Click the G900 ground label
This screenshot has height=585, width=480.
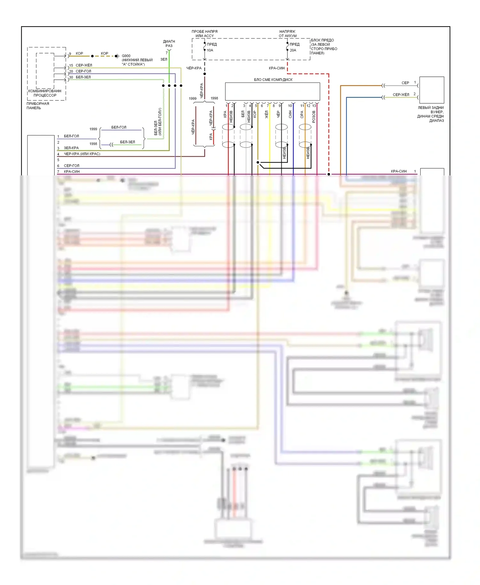[x=126, y=56]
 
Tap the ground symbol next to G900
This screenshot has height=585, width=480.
[x=117, y=56]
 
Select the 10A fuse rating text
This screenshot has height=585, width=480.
[x=210, y=50]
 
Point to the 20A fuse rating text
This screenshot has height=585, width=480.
[x=293, y=50]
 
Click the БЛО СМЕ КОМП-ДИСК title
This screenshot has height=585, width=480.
[x=273, y=80]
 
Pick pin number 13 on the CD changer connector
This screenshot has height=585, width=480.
[x=314, y=106]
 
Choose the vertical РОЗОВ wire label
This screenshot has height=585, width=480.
[x=314, y=117]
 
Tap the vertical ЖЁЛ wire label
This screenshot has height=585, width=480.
[x=267, y=115]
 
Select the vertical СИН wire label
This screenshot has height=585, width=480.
[x=290, y=114]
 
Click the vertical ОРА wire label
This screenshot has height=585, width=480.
[x=302, y=115]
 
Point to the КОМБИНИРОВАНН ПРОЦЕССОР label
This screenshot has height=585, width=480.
[x=45, y=93]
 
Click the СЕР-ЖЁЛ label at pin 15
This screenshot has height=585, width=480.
[x=84, y=65]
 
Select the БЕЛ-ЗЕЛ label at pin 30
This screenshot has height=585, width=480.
[x=83, y=77]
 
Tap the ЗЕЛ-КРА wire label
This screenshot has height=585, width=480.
[x=71, y=148]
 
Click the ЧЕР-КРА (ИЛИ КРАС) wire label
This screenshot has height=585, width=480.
[x=82, y=154]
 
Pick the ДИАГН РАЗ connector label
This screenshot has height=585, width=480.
[x=169, y=44]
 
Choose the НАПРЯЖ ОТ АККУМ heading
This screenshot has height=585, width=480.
[x=287, y=34]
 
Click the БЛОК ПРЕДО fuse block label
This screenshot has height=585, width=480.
[x=324, y=47]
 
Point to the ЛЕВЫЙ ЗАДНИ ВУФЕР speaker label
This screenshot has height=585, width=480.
[x=431, y=114]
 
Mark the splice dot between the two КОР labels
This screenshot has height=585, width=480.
[x=92, y=56]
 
